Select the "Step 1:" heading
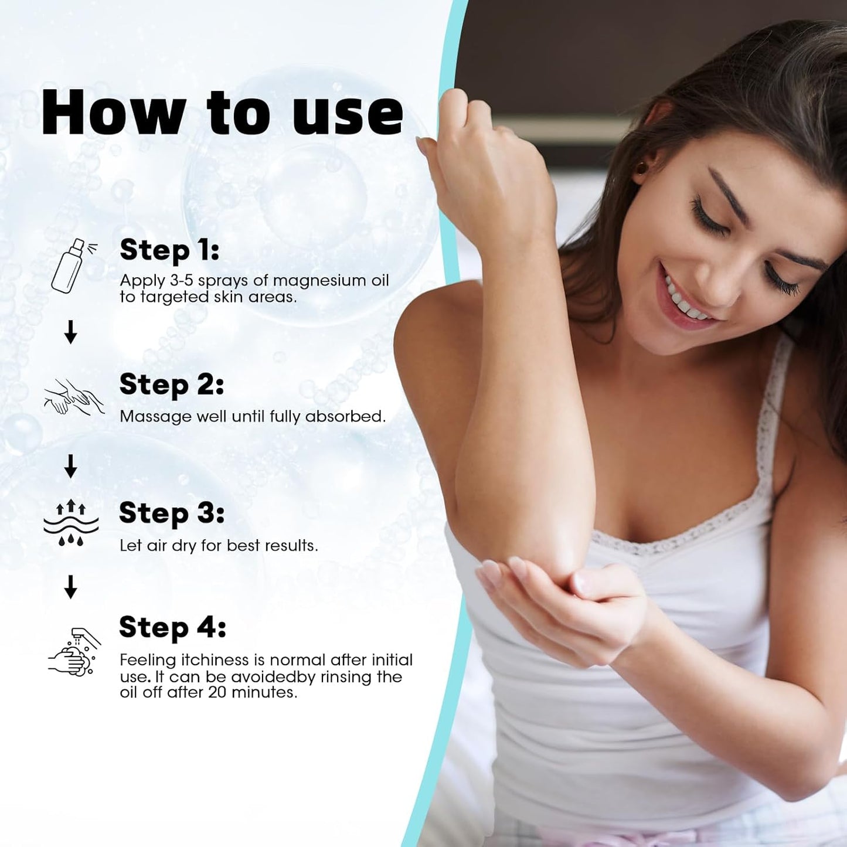(169, 250)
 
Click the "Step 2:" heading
(171, 385)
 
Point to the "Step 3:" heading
(172, 513)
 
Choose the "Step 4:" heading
(172, 628)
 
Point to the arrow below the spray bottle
(70, 332)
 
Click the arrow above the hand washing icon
(70, 587)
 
